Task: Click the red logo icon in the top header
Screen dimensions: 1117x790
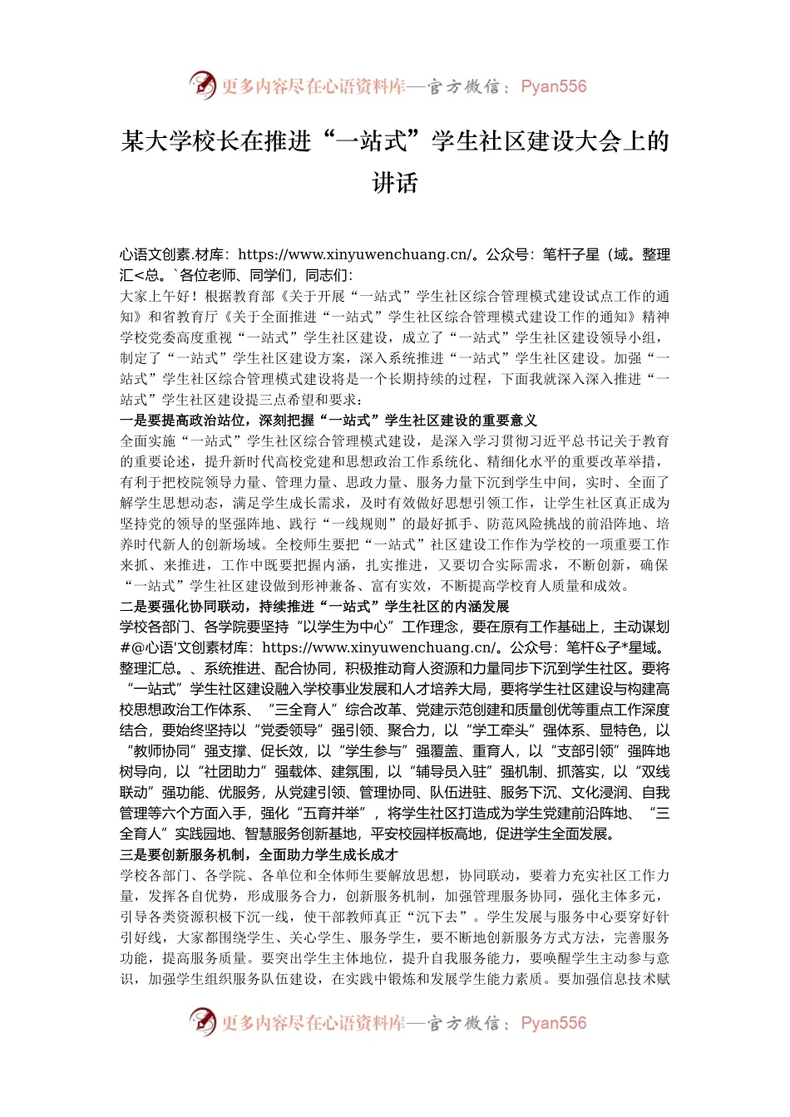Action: tap(202, 85)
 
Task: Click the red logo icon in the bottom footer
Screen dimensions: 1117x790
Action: tap(202, 1021)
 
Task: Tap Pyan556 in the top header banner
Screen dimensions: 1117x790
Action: tap(553, 86)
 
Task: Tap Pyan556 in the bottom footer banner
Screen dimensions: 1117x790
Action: tap(553, 1023)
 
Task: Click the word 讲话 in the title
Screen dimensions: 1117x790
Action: tap(394, 183)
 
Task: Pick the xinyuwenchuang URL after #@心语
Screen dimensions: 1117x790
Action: tap(379, 647)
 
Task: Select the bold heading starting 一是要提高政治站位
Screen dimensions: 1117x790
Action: tap(328, 421)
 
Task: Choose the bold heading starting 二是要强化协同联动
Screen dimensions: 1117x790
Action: tap(314, 607)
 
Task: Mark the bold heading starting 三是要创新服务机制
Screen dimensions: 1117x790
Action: tap(259, 854)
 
